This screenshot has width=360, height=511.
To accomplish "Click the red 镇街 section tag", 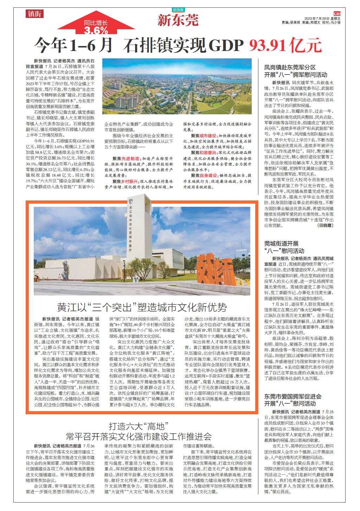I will (x=34, y=14).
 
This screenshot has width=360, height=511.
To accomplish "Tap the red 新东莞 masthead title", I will (x=178, y=20).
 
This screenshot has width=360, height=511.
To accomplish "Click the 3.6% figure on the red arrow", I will (x=96, y=30).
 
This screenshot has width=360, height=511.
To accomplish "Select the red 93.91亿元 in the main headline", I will (x=285, y=45).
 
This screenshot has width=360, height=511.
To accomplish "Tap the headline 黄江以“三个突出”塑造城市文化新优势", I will (x=142, y=307).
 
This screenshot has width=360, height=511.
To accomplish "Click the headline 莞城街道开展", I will (x=281, y=243).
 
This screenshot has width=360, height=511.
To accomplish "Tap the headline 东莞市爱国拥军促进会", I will (x=293, y=396).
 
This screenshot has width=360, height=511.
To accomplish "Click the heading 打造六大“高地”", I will (x=139, y=427).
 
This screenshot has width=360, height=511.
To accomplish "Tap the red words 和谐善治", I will (x=208, y=152).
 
